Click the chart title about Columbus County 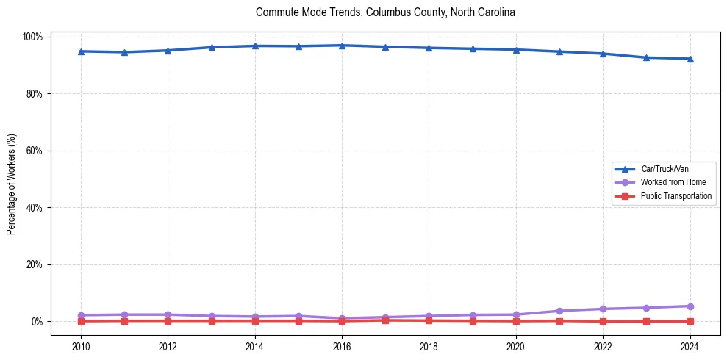(385, 12)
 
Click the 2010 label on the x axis (81, 347)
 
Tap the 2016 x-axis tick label (342, 347)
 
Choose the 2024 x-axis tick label (690, 347)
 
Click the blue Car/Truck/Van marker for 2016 (342, 46)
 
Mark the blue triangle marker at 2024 (690, 59)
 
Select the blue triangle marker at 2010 (81, 51)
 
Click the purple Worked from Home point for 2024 (690, 306)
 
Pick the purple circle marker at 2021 (559, 311)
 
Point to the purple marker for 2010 (81, 315)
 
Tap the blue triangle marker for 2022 (603, 54)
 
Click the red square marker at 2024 (690, 321)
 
